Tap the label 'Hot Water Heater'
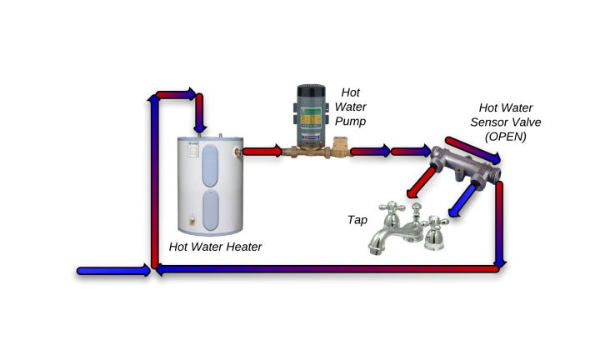click(215, 247)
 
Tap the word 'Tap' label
click(358, 221)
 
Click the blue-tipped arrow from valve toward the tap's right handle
click(460, 201)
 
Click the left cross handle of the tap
click(388, 208)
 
